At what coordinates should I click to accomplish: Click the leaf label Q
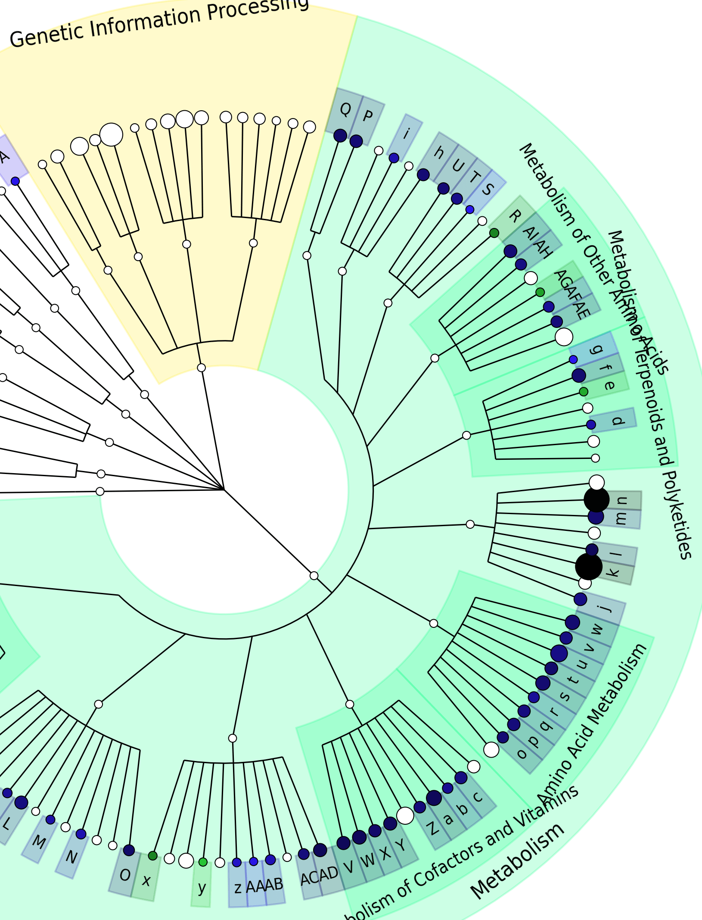345,109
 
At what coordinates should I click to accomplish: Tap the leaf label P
367,116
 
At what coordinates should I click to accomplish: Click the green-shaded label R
514,215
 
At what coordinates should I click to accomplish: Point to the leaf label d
618,420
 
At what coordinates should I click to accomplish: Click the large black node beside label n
596,500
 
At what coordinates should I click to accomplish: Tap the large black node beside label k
589,567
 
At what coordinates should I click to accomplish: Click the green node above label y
203,862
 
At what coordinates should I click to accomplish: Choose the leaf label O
125,875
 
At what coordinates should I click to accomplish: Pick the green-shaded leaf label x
146,879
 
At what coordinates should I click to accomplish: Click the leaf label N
71,857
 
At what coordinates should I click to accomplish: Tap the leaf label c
478,796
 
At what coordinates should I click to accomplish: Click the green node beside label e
584,392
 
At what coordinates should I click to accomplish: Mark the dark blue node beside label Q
340,135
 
